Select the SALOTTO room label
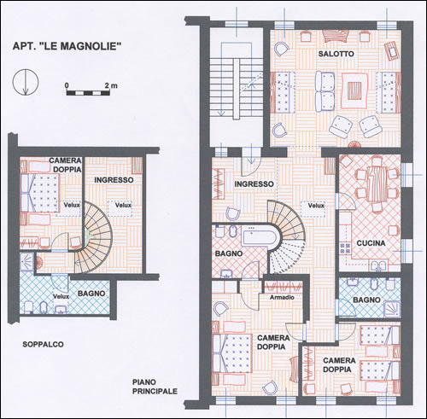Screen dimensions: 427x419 click(336, 54)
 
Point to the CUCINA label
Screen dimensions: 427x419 click(371, 243)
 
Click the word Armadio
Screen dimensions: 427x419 click(282, 297)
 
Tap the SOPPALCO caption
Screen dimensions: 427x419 click(43, 345)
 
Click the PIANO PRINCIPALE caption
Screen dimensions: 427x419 click(155, 387)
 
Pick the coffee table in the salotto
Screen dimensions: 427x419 click(354, 91)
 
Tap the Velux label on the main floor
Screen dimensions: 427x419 click(316, 206)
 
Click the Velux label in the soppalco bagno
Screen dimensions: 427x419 click(61, 296)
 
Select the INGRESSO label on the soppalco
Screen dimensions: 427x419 click(114, 180)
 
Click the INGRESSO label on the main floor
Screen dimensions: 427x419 click(254, 184)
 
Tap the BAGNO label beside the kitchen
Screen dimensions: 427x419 click(366, 300)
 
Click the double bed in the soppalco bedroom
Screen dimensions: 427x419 click(40, 193)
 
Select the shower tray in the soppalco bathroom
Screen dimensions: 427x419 click(27, 262)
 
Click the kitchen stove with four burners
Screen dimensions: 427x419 click(345, 248)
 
